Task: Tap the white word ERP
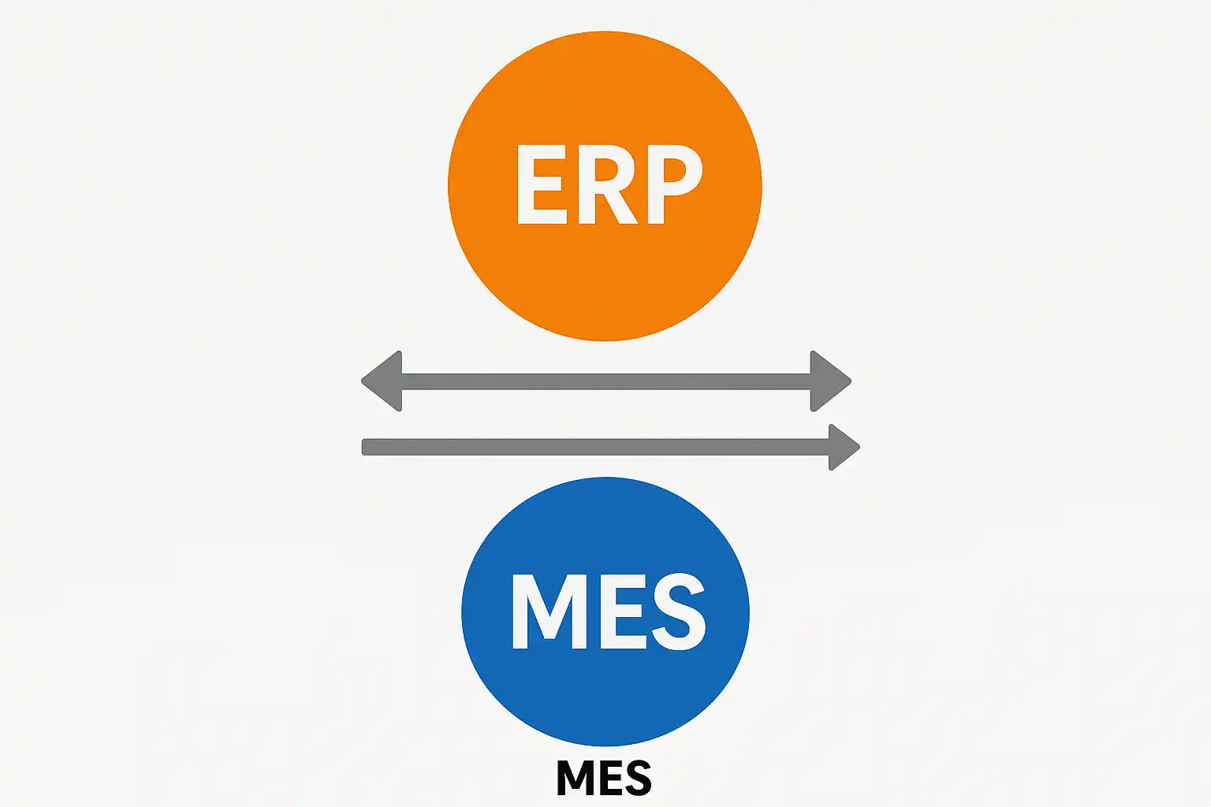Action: coord(608,184)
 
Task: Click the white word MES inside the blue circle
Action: coord(608,611)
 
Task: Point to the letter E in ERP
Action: coord(541,184)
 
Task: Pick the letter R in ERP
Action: coord(608,184)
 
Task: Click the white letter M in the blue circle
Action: coord(549,611)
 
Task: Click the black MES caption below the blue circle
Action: coord(604,778)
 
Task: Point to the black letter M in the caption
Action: coord(575,778)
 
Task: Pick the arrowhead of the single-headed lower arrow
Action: coord(842,447)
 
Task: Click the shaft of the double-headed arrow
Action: coord(605,381)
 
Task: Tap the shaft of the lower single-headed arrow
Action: coord(591,447)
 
